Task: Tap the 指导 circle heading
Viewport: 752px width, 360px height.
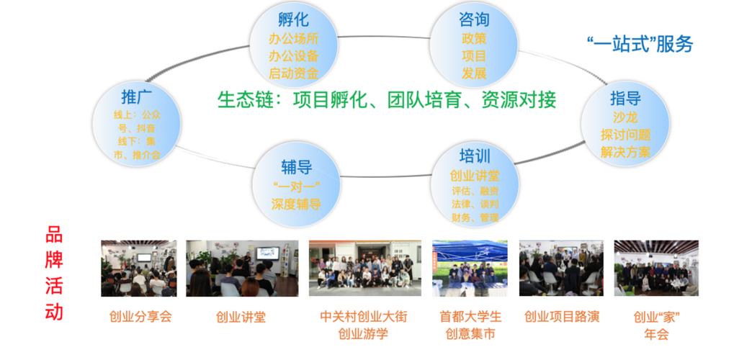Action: click(x=625, y=98)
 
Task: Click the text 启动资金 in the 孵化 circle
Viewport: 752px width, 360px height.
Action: click(x=293, y=73)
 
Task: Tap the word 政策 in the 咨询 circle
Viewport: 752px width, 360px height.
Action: click(x=474, y=38)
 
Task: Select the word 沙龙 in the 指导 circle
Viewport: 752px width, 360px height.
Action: click(x=625, y=117)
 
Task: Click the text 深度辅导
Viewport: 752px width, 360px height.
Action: click(x=296, y=204)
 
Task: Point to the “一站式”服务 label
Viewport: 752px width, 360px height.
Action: click(x=640, y=44)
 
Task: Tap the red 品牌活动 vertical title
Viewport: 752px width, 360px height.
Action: click(x=54, y=274)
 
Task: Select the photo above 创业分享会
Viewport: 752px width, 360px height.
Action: click(x=138, y=269)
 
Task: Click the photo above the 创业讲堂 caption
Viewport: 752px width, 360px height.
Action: click(x=242, y=269)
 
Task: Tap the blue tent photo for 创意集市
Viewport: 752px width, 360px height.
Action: click(x=470, y=269)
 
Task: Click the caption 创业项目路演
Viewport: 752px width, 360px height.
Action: click(x=562, y=316)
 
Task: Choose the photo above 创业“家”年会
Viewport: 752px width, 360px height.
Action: click(x=655, y=269)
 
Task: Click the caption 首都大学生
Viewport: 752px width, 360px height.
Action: click(x=470, y=317)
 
